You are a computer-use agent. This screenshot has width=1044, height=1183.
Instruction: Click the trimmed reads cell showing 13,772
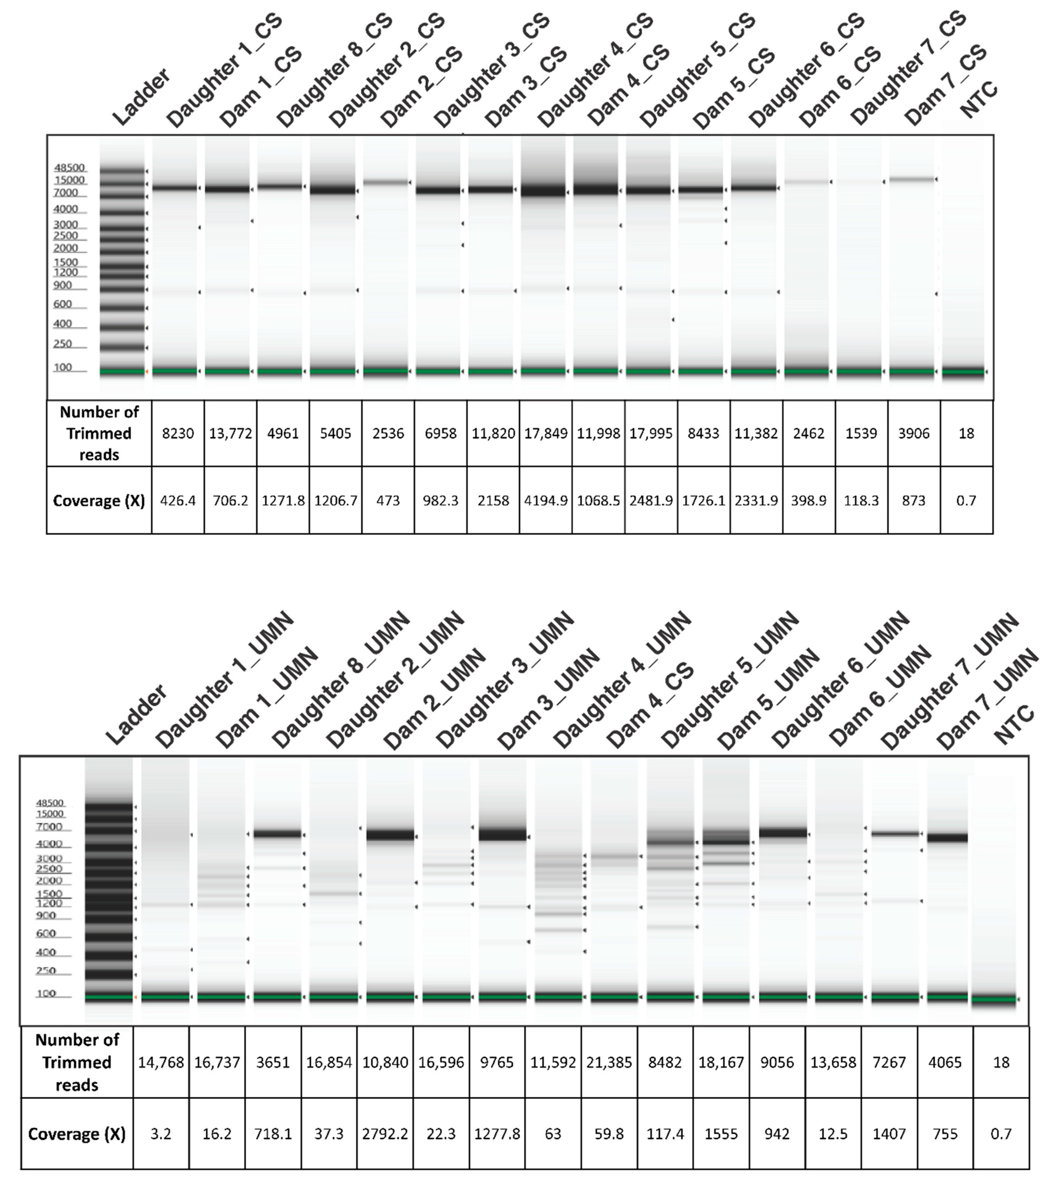pyautogui.click(x=230, y=433)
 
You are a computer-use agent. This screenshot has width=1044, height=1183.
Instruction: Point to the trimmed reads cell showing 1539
pyautogui.click(x=861, y=433)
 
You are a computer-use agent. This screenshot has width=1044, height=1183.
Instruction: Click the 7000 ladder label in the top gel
pyautogui.click(x=66, y=193)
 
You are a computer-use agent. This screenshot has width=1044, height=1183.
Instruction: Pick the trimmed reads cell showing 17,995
pyautogui.click(x=651, y=433)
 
